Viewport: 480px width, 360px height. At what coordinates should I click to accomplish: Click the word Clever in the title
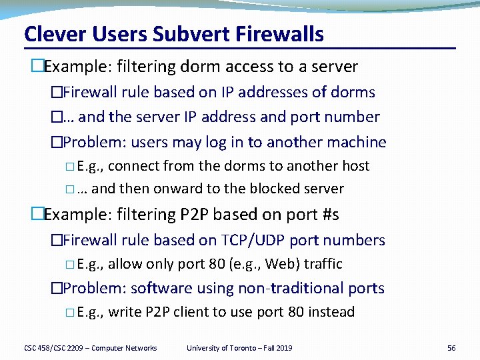coord(50,34)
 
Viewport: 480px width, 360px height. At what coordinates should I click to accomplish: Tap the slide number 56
coord(451,348)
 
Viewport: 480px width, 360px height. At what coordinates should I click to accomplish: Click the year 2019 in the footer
coord(282,348)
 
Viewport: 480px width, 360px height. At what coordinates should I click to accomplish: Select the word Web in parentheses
coord(279,264)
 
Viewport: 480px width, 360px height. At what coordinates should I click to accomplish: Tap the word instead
coord(331,312)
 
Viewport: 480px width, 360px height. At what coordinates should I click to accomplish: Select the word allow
coord(124,264)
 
